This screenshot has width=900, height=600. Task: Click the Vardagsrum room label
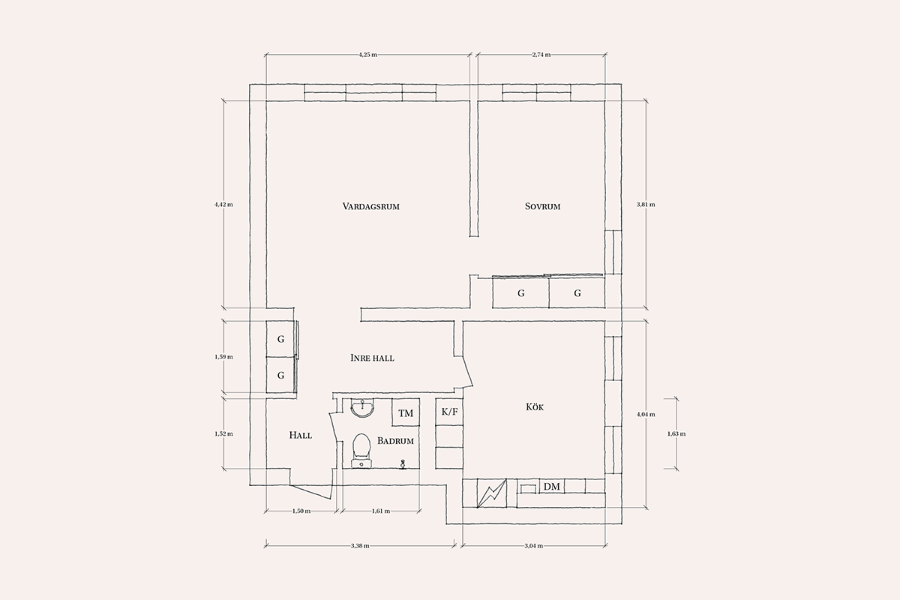tap(370, 206)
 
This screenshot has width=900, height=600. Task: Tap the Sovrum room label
tap(542, 206)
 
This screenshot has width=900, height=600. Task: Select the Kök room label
tap(535, 407)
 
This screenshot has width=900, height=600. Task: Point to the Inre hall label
tap(372, 358)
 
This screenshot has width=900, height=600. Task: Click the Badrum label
tap(395, 441)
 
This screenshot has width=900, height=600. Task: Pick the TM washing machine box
tap(406, 412)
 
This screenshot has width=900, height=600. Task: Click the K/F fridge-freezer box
tap(449, 412)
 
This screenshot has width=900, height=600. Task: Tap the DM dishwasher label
tap(552, 487)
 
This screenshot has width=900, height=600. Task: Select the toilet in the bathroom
tap(361, 451)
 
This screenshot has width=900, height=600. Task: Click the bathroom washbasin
tap(363, 408)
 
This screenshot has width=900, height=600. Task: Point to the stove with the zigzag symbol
tap(491, 493)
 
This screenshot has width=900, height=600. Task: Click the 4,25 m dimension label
tap(368, 55)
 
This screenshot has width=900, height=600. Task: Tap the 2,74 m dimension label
tap(541, 55)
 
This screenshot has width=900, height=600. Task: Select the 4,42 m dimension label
tap(223, 205)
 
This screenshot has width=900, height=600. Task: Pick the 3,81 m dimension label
tap(646, 205)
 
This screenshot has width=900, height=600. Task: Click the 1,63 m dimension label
tap(676, 434)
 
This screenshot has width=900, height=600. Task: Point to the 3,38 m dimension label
tap(360, 546)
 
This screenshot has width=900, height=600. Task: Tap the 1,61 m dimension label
tap(381, 511)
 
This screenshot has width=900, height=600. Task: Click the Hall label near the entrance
tap(301, 435)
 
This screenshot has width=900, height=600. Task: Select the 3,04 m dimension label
tap(533, 546)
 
